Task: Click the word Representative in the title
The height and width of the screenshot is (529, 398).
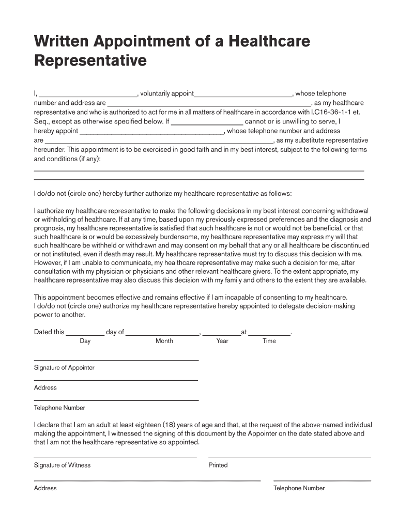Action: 90,61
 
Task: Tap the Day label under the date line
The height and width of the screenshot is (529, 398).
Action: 85,341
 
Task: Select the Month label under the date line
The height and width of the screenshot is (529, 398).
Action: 164,341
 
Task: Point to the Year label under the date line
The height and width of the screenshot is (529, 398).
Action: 222,341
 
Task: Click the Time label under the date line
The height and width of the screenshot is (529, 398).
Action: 269,341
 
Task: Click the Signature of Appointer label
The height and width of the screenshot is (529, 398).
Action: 64,368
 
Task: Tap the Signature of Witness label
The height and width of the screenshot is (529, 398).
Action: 62,465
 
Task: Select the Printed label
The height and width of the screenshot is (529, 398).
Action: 218,465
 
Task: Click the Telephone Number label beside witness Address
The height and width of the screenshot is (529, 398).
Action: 299,488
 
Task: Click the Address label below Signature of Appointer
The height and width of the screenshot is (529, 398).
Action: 45,387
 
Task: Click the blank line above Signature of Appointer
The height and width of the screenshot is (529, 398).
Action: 116,360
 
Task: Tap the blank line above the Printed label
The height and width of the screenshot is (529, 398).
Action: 289,458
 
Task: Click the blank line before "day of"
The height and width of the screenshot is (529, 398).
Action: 85,335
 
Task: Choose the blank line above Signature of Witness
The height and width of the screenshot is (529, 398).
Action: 115,458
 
